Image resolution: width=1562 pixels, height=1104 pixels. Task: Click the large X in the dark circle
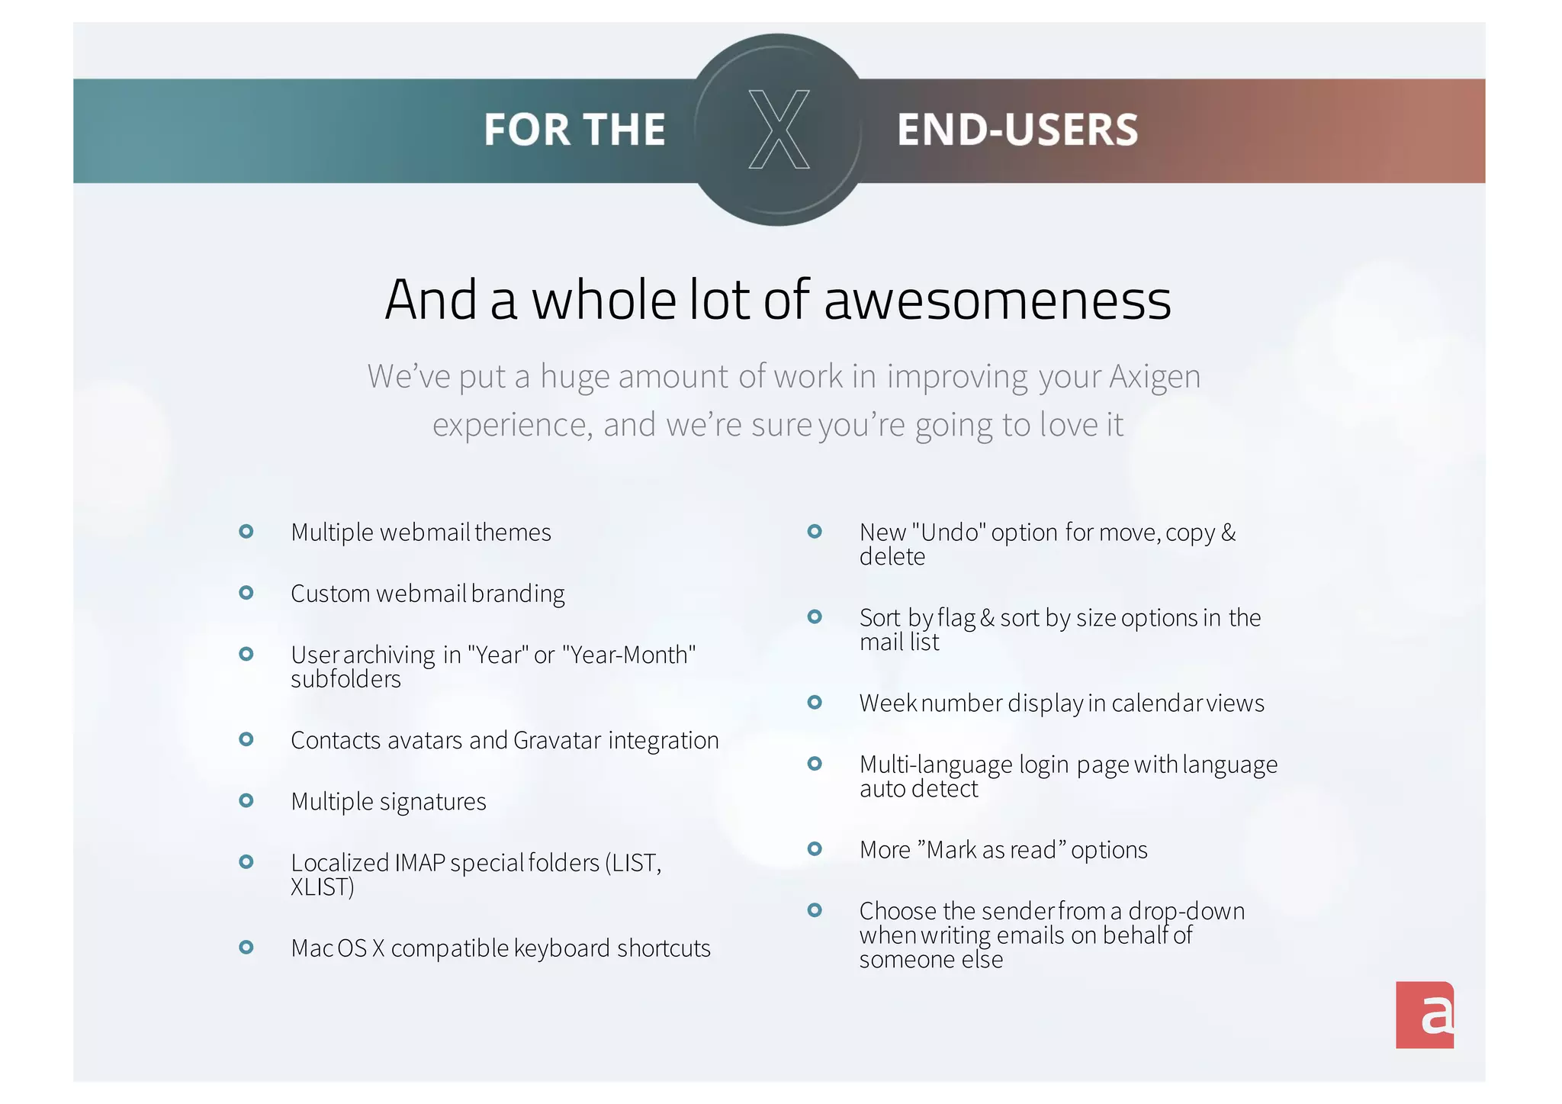779,129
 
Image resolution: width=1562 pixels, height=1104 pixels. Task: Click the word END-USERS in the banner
1017,130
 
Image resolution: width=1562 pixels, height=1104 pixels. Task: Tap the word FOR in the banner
527,130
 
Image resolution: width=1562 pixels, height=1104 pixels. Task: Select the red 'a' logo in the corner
1425,1015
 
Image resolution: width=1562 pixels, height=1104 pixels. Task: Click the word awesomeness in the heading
998,300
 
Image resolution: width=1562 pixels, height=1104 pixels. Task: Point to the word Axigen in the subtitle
1155,377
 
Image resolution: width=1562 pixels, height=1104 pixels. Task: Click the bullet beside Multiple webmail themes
246,531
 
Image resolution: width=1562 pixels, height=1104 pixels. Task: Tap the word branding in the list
518,594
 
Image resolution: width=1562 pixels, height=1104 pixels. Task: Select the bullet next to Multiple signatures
246,800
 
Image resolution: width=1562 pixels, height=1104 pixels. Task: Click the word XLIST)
323,887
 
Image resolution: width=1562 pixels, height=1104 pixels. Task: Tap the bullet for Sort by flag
815,616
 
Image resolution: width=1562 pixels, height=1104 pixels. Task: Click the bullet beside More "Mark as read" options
815,848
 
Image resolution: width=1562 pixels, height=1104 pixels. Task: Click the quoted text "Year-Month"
628,655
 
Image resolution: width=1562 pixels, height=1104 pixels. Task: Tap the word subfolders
346,679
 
